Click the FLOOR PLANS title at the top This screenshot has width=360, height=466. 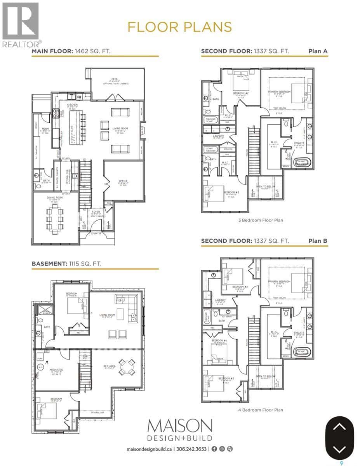pyautogui.click(x=179, y=27)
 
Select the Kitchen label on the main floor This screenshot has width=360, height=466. pyautogui.click(x=73, y=105)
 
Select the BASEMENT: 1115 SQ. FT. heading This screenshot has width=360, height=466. pyautogui.click(x=66, y=264)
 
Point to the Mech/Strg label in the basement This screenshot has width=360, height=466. pyautogui.click(x=51, y=370)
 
